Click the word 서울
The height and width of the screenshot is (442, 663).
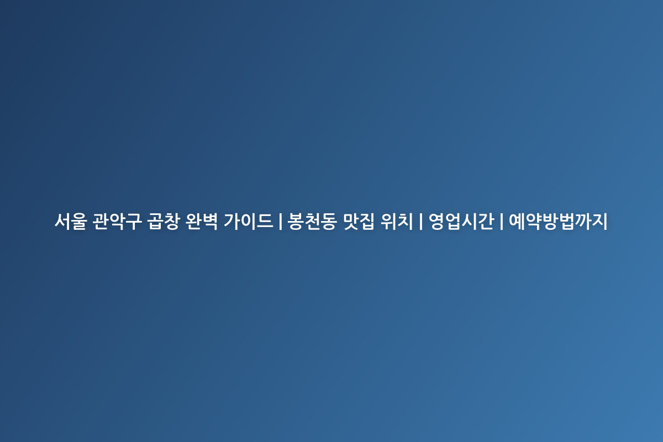pos(71,221)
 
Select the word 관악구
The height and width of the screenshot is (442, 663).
pos(117,221)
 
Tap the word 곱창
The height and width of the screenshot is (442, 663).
pos(164,221)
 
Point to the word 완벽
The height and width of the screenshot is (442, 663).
pos(202,221)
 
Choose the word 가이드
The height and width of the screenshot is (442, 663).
pos(248,221)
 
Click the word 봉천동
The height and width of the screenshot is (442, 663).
pos(312,221)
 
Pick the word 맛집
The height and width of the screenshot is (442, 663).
pos(359,221)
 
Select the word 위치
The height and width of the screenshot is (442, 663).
pos(397,221)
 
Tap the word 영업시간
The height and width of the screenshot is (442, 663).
pos(461,221)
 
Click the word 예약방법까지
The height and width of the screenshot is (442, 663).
pos(558,221)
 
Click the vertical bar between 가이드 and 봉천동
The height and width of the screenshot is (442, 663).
pos(280,222)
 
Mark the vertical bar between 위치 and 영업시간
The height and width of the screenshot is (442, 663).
pos(420,222)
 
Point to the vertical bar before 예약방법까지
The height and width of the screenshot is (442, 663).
pos(502,222)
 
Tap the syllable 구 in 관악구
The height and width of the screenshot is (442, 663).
pos(134,221)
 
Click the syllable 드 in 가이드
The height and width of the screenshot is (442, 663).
pos(265,221)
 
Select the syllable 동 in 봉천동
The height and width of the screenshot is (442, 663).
pos(329,221)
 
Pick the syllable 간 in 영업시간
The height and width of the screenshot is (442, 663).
pos(486,221)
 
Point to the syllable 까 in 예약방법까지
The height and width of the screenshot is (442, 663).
pos(582,221)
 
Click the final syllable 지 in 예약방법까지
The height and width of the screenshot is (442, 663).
pos(599,221)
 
